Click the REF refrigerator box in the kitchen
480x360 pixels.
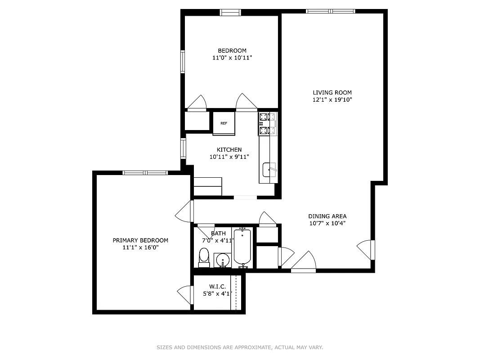224,123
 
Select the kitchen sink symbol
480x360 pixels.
269,170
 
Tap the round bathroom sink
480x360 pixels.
222,260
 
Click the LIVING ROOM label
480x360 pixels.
332,93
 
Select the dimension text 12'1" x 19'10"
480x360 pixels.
332,100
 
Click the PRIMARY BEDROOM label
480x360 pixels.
140,240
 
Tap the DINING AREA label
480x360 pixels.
327,216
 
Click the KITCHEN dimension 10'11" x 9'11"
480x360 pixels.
229,157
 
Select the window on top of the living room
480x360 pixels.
331,11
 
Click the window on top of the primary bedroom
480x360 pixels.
145,172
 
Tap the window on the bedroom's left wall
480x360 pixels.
183,61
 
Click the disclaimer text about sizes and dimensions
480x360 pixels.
240,347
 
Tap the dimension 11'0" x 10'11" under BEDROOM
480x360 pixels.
232,58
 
